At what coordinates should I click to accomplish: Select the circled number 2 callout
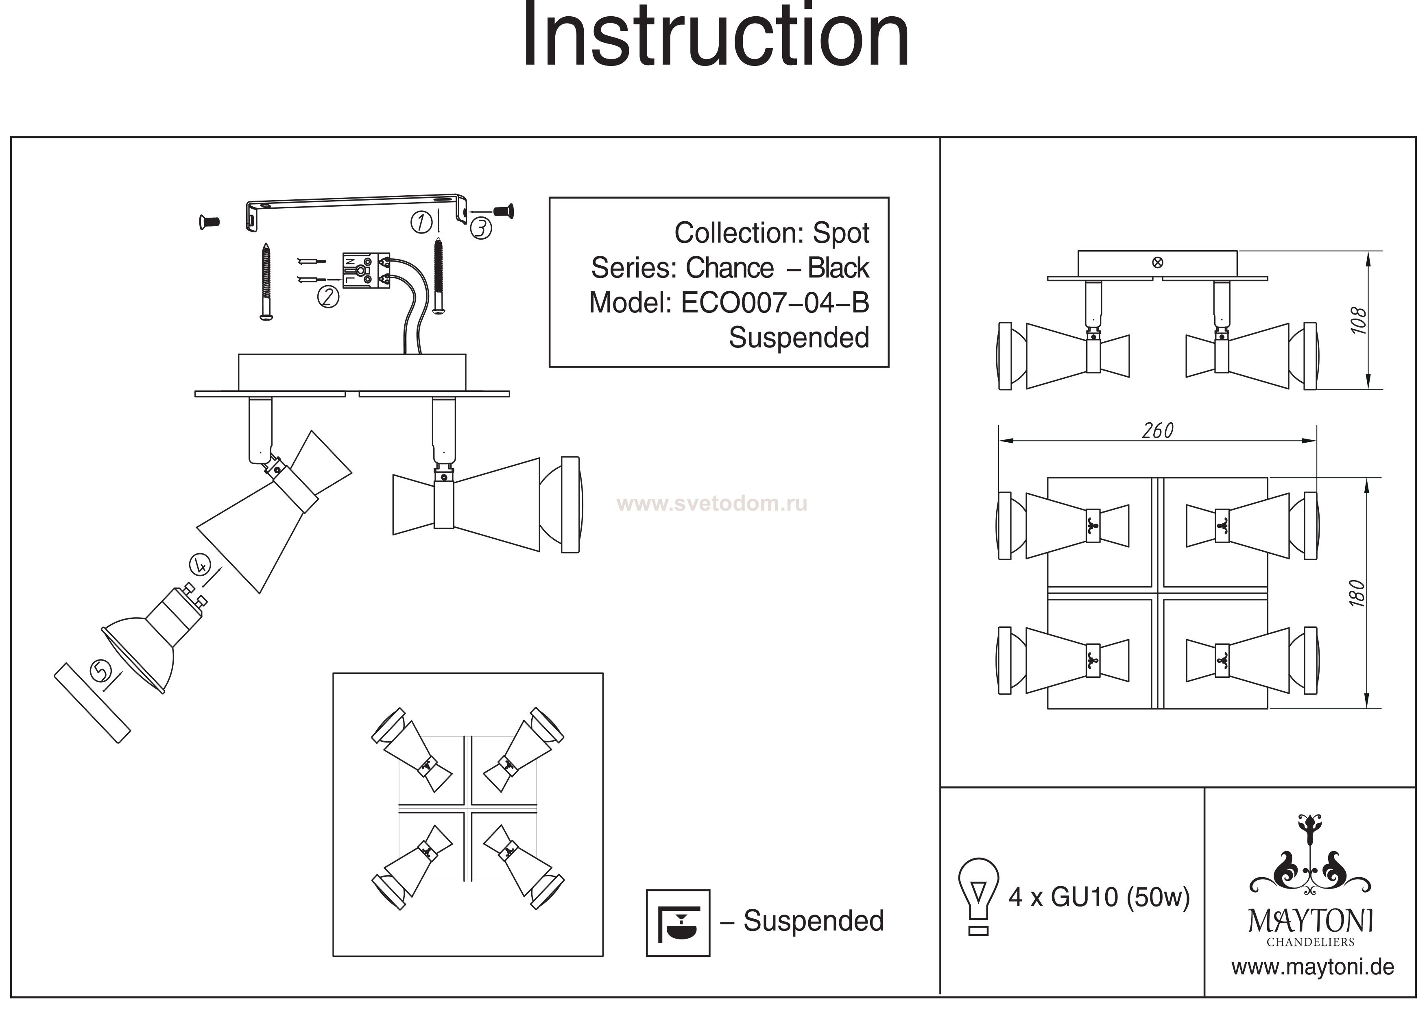pos(328,297)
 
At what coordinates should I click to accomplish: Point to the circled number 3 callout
pos(480,228)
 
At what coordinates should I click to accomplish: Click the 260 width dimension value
pos(1157,431)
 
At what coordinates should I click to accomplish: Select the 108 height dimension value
pos(1359,320)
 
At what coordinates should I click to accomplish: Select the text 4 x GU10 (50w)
pos(1099,897)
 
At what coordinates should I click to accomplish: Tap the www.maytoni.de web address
pos(1313,968)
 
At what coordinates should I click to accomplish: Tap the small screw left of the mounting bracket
pos(209,221)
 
